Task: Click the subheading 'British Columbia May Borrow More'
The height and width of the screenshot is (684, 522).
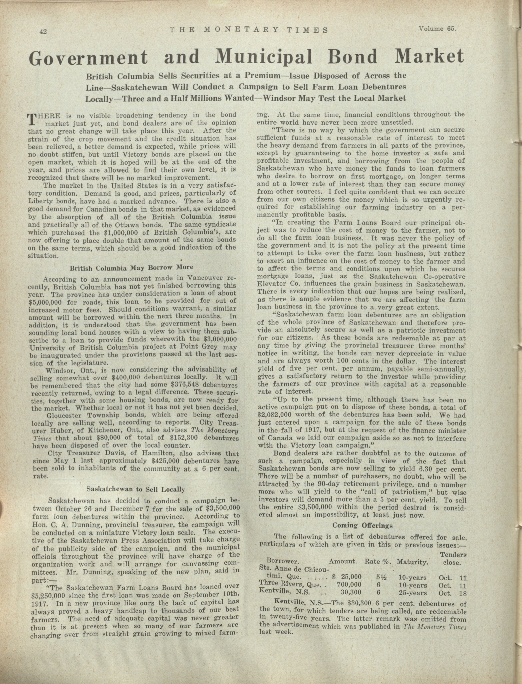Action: tap(131, 267)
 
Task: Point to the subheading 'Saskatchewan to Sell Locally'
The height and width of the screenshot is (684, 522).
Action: tap(136, 489)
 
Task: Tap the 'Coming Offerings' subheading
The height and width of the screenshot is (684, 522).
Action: tap(362, 525)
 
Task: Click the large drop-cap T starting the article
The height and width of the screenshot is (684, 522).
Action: tap(32, 119)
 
